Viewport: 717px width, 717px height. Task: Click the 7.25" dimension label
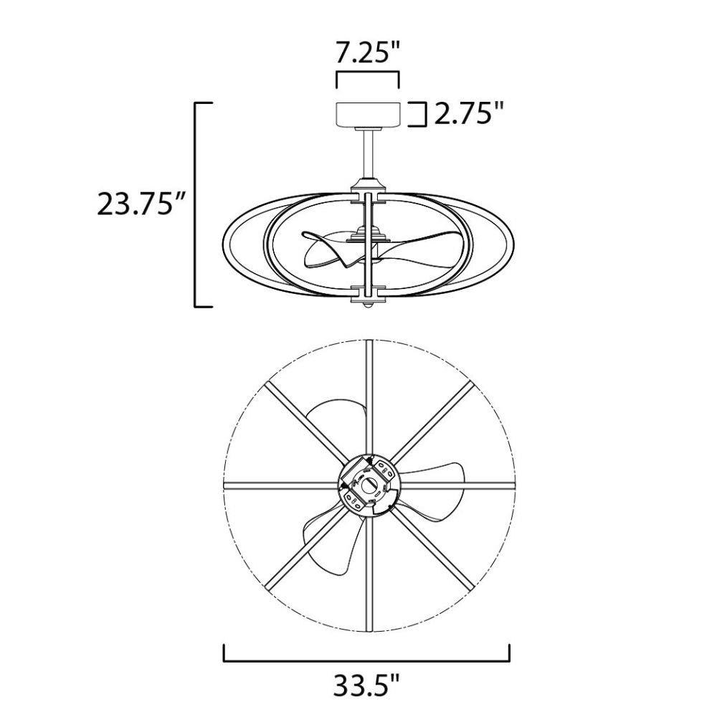(368, 54)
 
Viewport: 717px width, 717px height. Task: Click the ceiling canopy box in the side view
(368, 114)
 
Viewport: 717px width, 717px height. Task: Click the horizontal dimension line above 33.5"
(366, 660)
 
